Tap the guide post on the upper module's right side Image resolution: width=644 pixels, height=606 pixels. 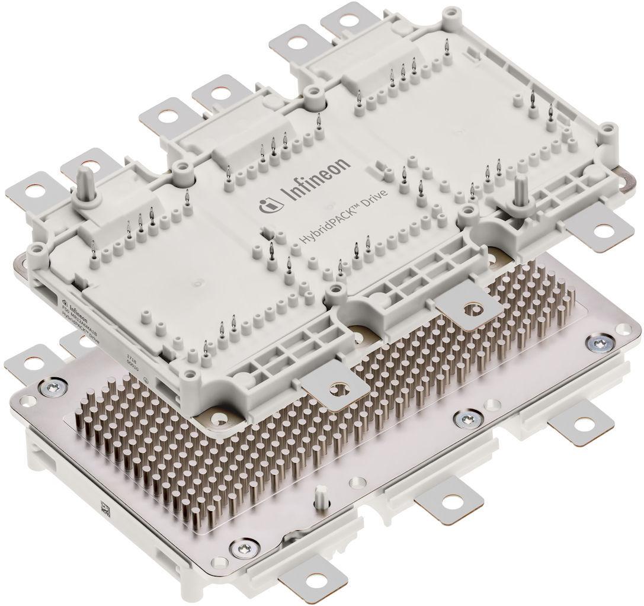coord(520,190)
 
